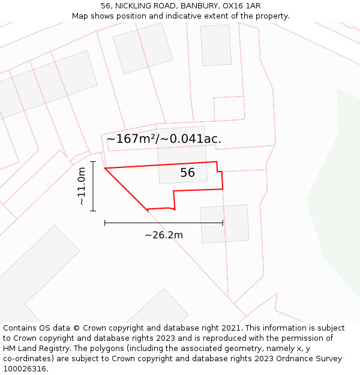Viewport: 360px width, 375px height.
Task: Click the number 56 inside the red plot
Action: coord(188,173)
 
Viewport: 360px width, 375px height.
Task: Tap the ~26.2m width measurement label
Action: coord(164,235)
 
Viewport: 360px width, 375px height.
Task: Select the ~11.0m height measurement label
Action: coord(82,186)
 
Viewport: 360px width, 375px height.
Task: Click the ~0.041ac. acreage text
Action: coord(196,139)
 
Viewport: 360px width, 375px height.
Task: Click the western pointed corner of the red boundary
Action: coord(105,169)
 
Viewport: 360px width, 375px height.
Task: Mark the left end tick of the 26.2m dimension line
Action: coord(105,223)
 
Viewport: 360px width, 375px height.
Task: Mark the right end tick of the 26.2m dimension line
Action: coord(223,223)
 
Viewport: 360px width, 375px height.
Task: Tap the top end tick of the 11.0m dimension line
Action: coord(93,161)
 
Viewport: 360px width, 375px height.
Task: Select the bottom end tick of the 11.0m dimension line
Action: coord(93,211)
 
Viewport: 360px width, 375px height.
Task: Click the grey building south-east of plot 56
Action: coord(224,224)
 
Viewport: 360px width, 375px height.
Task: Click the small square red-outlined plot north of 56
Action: coord(229,108)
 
